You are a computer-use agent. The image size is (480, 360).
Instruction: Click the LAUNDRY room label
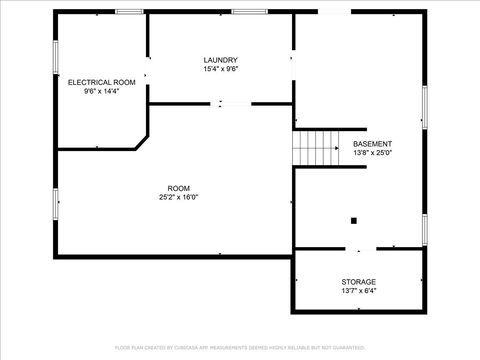(x=220, y=60)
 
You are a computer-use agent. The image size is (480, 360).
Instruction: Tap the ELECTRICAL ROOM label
(x=101, y=81)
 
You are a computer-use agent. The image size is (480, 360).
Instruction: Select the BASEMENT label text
(x=372, y=144)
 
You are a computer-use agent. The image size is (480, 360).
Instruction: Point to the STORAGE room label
(x=358, y=282)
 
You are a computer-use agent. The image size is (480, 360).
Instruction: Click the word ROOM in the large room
(x=178, y=188)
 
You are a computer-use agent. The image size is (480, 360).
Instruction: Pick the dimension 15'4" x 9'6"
(x=220, y=70)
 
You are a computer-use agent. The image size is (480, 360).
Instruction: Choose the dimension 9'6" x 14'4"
(x=101, y=91)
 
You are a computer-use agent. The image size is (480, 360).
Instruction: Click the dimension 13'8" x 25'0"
(x=372, y=154)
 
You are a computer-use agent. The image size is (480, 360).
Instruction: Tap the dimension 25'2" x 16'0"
(x=178, y=197)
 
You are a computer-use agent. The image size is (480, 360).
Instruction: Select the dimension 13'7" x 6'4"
(x=358, y=292)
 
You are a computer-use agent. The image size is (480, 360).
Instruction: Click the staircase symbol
(x=316, y=149)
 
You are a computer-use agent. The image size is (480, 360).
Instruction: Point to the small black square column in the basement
(x=353, y=220)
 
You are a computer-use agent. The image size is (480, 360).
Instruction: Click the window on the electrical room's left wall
(x=56, y=57)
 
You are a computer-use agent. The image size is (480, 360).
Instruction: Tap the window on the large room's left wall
(x=56, y=203)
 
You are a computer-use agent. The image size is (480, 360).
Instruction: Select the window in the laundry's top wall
(x=248, y=12)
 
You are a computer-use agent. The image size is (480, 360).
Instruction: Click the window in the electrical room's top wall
(x=129, y=12)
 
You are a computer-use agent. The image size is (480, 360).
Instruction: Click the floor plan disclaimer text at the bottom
(x=240, y=347)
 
